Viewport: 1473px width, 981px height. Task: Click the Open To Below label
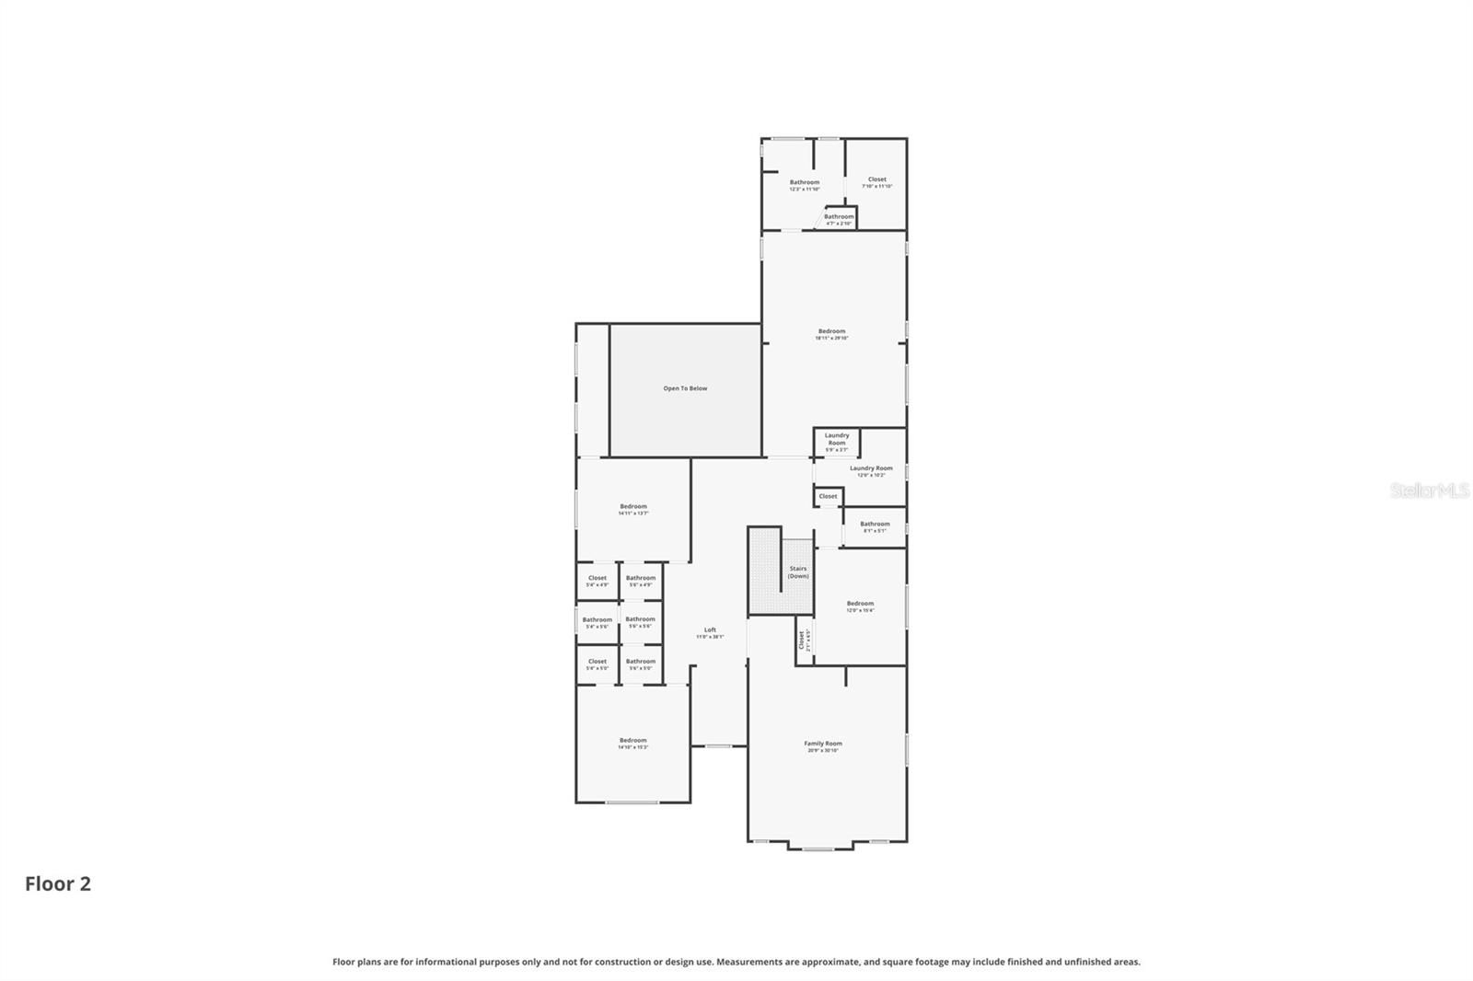click(685, 388)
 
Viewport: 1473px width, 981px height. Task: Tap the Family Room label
click(822, 744)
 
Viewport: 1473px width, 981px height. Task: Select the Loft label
click(709, 631)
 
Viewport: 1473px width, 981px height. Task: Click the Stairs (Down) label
click(798, 571)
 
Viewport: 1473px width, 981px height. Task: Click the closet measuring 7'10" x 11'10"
click(876, 181)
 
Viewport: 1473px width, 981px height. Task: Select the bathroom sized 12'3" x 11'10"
click(804, 184)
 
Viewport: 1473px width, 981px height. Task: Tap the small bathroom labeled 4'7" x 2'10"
click(839, 218)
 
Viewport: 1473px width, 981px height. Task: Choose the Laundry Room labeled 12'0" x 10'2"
click(871, 470)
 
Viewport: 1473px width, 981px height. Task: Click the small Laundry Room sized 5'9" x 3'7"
click(836, 440)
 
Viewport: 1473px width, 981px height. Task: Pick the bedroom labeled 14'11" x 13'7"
click(632, 508)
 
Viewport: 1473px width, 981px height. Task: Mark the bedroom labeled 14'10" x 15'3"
click(632, 742)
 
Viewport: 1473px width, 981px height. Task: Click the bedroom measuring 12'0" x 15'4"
click(860, 606)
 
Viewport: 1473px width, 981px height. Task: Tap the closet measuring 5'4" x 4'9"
click(597, 580)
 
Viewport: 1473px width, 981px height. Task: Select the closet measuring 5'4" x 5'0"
click(597, 663)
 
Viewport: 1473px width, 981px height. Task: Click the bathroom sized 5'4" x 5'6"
click(597, 621)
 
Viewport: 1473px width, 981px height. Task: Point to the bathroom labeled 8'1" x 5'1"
click(875, 525)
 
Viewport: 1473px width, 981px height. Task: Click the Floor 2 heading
click(58, 883)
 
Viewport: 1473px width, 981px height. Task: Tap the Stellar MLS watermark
click(1429, 490)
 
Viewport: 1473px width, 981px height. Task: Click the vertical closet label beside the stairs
click(803, 639)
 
